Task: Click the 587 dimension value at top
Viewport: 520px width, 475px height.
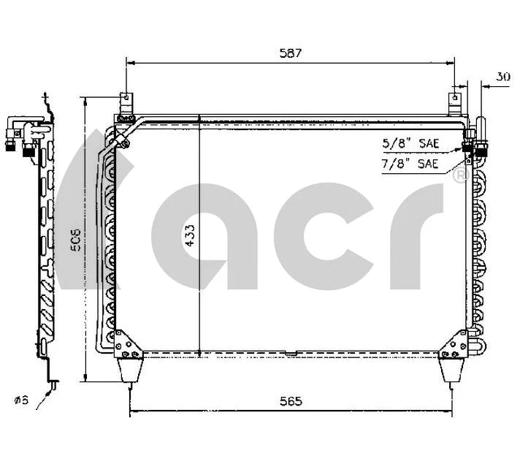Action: [x=289, y=53]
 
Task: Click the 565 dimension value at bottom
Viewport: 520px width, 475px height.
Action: [x=290, y=401]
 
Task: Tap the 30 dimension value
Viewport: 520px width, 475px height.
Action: [x=502, y=76]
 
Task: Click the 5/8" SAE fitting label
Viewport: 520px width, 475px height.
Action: [x=410, y=143]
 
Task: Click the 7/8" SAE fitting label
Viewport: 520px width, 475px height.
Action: [x=410, y=164]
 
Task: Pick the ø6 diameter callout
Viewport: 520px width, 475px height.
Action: [x=20, y=400]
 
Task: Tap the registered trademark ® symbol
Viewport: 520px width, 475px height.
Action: [x=459, y=175]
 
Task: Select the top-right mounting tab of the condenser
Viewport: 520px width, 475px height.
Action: [x=455, y=103]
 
